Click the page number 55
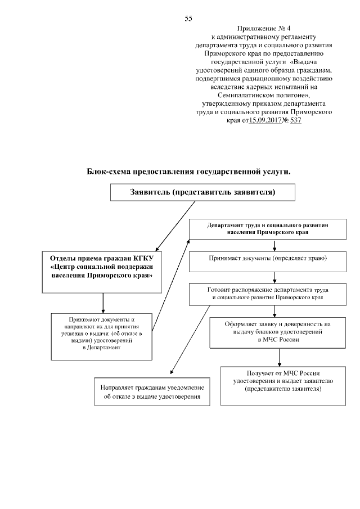pos(188,19)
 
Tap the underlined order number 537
pos(294,120)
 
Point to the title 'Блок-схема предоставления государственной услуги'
pos(189,171)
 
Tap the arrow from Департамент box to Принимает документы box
pos(274,245)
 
